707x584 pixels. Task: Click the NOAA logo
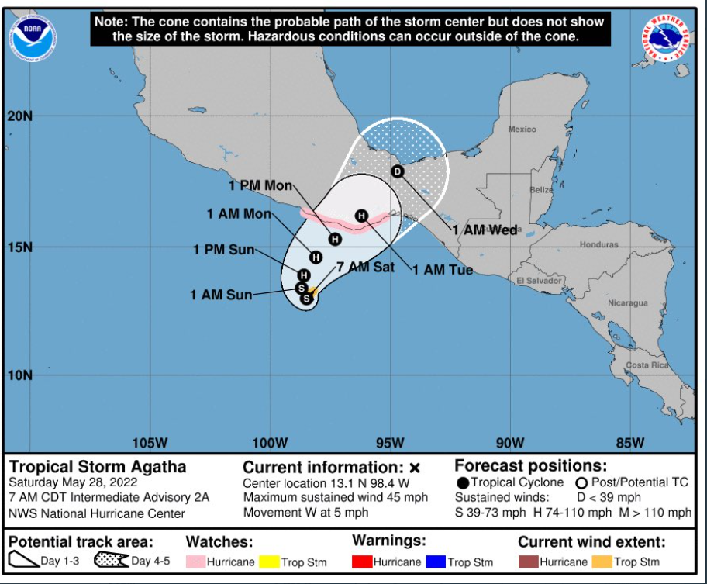[33, 36]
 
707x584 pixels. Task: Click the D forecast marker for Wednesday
[398, 171]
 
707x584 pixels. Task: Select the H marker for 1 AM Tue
[361, 216]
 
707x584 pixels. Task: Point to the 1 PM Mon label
[260, 185]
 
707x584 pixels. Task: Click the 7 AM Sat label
[365, 267]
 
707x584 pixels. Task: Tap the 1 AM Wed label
[485, 230]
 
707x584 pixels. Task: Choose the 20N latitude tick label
[20, 116]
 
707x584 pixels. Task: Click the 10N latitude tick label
[20, 375]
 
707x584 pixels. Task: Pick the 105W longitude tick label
[150, 443]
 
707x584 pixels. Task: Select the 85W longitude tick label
[630, 443]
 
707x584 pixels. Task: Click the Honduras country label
[598, 244]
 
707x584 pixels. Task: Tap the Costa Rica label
[647, 365]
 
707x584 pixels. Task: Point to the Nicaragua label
[627, 303]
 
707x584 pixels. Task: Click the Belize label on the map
[542, 190]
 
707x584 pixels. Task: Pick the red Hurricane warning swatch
[361, 562]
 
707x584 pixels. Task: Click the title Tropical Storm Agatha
[98, 467]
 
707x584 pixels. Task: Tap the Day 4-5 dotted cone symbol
[111, 561]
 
